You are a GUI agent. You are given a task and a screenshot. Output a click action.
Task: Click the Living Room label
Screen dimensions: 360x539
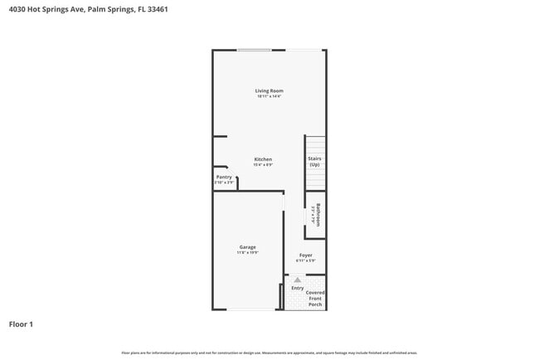(x=269, y=90)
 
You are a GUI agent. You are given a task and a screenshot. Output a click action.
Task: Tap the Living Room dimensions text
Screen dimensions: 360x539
(x=269, y=97)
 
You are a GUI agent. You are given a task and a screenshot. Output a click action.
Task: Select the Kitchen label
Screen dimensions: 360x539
(x=263, y=159)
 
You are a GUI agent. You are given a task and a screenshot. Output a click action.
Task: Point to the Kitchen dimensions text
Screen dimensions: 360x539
(x=263, y=166)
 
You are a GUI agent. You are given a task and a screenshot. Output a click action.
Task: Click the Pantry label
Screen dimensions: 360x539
(x=224, y=177)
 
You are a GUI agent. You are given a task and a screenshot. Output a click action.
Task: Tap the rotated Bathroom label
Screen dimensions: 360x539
(x=318, y=216)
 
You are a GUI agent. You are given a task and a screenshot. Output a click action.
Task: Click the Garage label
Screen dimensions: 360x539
(x=248, y=246)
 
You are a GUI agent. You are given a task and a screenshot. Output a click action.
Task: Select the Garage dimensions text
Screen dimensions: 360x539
(x=248, y=253)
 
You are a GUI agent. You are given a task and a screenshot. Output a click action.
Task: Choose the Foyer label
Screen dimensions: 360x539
(x=306, y=255)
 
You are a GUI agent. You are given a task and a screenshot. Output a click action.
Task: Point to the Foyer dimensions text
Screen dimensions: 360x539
(x=306, y=261)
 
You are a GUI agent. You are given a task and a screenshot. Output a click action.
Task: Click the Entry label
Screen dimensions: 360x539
(x=297, y=288)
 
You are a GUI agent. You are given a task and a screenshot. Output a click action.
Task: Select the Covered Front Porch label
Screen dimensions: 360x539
(x=315, y=299)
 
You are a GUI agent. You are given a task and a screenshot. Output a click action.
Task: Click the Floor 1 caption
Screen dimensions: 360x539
(x=21, y=324)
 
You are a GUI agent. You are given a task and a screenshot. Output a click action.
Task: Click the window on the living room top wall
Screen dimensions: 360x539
(x=254, y=51)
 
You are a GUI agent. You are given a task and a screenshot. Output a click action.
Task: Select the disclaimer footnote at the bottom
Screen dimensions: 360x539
(x=269, y=353)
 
